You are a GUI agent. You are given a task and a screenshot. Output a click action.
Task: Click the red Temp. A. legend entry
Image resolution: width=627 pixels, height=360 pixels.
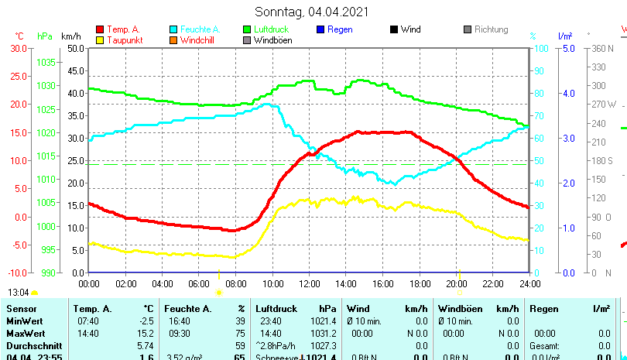[x=123, y=29]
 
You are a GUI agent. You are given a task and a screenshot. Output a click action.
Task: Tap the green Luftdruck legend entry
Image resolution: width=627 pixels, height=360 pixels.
[x=272, y=29]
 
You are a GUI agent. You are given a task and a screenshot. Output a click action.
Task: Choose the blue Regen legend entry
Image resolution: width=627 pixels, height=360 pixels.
[x=340, y=29]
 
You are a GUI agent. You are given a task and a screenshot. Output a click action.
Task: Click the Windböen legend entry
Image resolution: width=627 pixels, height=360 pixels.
[x=272, y=40]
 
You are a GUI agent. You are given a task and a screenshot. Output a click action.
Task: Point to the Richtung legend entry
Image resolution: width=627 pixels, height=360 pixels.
[x=491, y=29]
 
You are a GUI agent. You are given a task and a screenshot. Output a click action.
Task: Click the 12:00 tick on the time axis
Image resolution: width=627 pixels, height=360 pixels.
[x=309, y=284]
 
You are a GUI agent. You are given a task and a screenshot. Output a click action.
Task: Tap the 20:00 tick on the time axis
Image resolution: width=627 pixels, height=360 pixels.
[x=457, y=284]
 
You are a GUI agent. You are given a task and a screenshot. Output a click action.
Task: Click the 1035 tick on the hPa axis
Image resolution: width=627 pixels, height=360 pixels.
[x=46, y=62]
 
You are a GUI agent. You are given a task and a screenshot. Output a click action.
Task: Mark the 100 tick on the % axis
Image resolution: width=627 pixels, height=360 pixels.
[x=542, y=48]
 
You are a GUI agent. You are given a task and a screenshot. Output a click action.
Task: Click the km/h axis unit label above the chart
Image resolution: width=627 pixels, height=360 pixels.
[x=70, y=36]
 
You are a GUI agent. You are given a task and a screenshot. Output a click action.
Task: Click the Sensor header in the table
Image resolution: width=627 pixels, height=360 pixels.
[x=21, y=309]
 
